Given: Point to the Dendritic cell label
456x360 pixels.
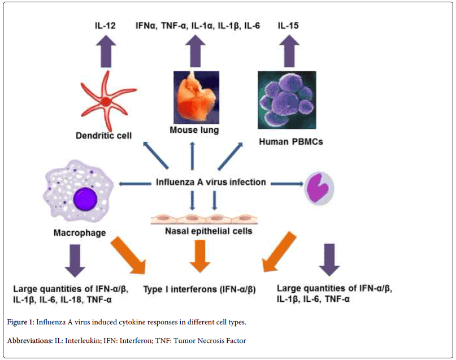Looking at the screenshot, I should tap(103, 136).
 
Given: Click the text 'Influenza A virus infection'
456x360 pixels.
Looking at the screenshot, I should tap(211, 183).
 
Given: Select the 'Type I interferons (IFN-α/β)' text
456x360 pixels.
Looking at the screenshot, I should tap(199, 289).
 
